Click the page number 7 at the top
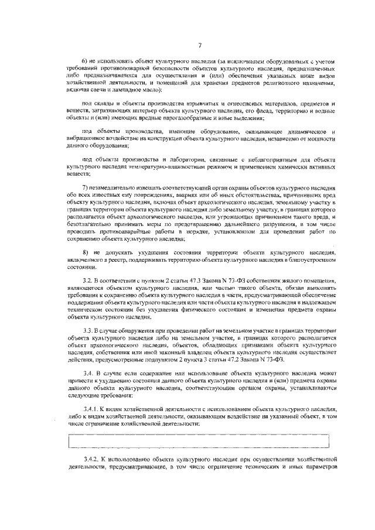click(x=200, y=45)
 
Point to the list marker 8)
click(x=84, y=251)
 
